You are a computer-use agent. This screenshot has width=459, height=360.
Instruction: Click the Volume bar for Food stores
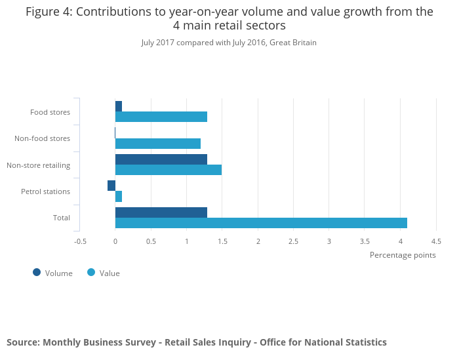pos(119,106)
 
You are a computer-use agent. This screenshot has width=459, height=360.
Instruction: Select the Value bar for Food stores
pos(161,117)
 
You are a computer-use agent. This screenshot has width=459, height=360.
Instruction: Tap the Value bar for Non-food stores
pos(157,144)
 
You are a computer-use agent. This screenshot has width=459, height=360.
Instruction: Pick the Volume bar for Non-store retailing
pos(161,159)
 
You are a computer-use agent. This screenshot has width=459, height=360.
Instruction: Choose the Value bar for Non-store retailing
pos(168,170)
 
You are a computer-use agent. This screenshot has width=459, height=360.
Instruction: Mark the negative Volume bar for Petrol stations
pos(111,186)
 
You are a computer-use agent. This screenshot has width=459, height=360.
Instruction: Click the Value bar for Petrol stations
pos(119,197)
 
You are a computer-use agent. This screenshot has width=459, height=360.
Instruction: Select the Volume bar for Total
pos(161,212)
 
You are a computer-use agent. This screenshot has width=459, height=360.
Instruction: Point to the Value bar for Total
pos(261,223)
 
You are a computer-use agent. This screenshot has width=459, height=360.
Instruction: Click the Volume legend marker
pos(37,273)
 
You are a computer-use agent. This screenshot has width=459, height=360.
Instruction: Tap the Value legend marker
pos(91,273)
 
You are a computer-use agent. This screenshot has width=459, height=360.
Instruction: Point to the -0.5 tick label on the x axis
pos(80,241)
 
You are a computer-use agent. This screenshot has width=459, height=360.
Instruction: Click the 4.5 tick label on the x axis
pos(436,241)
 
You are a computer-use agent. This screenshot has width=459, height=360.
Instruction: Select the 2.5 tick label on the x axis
pos(293,241)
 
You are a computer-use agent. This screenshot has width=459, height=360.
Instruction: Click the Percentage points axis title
pos(403,255)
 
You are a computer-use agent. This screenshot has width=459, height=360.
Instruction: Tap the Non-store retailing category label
pos(38,165)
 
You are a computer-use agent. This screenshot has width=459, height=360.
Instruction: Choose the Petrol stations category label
pos(45,191)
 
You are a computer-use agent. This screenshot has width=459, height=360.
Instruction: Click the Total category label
pos(62,218)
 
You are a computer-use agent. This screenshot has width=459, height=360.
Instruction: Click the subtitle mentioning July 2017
pos(229,43)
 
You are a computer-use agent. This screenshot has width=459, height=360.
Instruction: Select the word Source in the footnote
pos(22,342)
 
